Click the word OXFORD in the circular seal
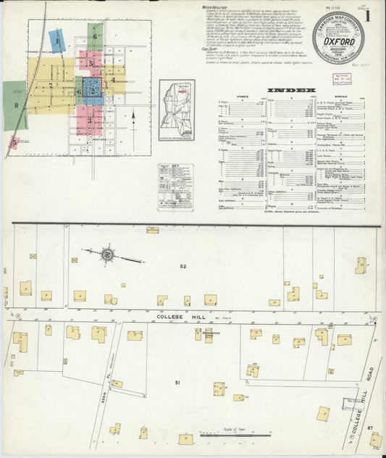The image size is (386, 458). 338,41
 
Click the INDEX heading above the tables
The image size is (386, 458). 290,91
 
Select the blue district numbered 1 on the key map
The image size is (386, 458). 56,41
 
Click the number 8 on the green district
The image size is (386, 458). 14,105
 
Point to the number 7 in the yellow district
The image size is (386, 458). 51,86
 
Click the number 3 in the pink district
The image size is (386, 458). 90,120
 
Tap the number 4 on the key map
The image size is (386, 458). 112,80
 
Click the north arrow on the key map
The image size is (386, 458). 135,114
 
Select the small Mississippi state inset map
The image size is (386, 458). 179,111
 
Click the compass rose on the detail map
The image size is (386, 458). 107,254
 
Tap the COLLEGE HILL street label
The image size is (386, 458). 174,318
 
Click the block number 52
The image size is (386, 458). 183,267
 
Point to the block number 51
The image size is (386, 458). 176,380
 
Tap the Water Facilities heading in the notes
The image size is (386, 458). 217,6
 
